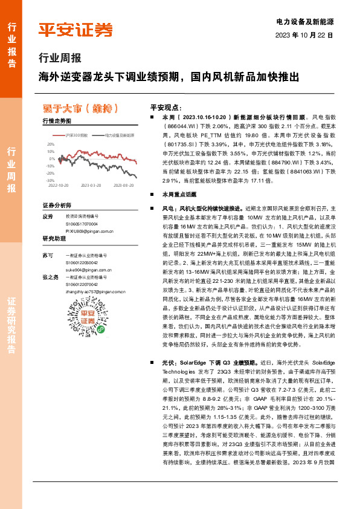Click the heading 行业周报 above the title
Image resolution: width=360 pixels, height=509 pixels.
[59, 59]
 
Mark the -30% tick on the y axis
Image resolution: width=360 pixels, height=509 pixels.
[50, 180]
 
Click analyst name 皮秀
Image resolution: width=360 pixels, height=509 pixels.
[48, 216]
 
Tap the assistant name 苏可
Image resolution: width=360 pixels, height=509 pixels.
[48, 256]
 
